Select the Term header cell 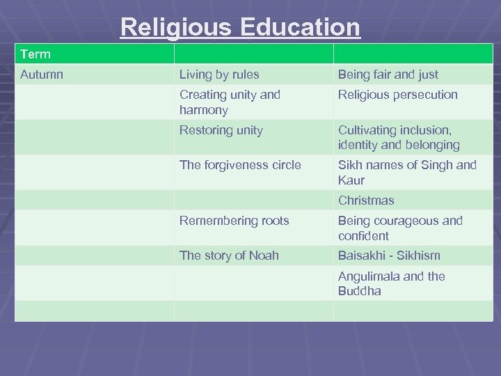pos(35,54)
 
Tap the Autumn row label pos(42,74)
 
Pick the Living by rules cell pos(219,74)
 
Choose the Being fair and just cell pos(388,74)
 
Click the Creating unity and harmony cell pos(230,102)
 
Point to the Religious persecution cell pos(398,95)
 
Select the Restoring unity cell pos(221,130)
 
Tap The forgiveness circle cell pos(240,165)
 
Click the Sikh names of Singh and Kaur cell pos(407,173)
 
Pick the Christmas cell pos(366,201)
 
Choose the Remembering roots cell pos(234,221)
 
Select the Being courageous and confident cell pos(400,228)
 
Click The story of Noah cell pos(229,256)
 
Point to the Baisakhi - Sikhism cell pos(389,256)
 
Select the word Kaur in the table pos(351,180)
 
